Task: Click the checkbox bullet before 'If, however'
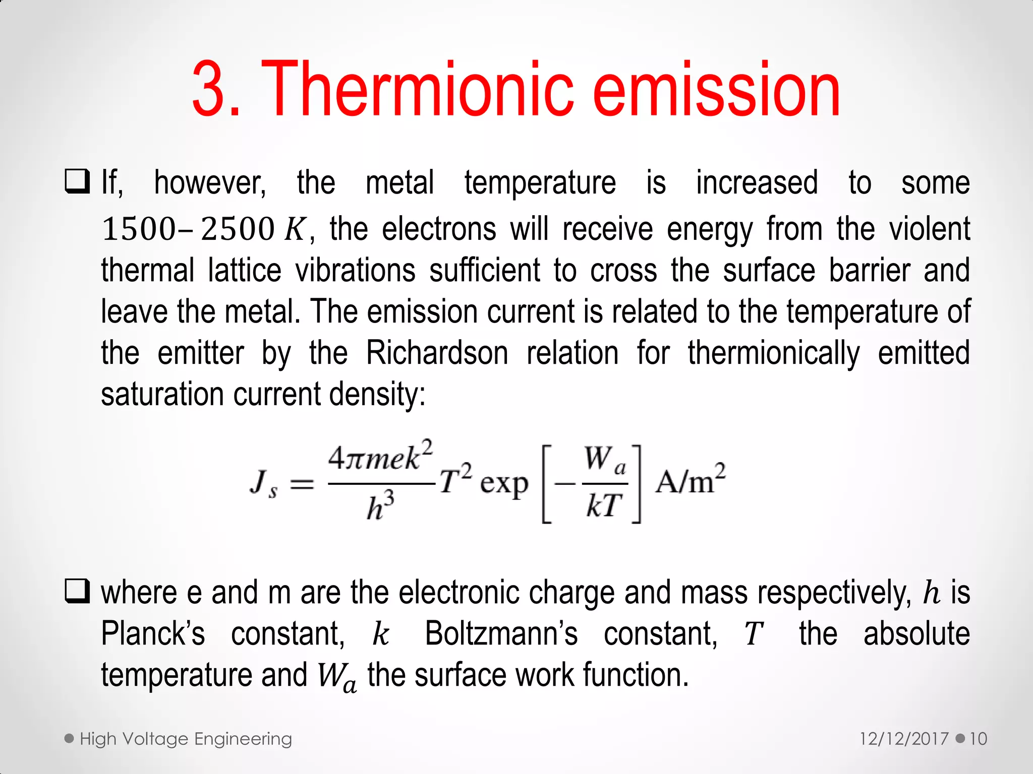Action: pyautogui.click(x=77, y=182)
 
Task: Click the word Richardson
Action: pyautogui.click(x=437, y=352)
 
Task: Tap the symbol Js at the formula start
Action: pyautogui.click(x=263, y=484)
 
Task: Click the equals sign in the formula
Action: pyautogui.click(x=302, y=485)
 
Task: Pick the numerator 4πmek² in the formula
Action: pyautogui.click(x=380, y=457)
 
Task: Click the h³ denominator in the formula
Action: pyautogui.click(x=380, y=507)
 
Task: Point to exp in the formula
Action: pyautogui.click(x=504, y=485)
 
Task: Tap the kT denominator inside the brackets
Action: pyautogui.click(x=603, y=506)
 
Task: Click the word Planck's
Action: pyautogui.click(x=153, y=633)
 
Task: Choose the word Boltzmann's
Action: pyautogui.click(x=501, y=633)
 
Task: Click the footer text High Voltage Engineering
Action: pyautogui.click(x=186, y=739)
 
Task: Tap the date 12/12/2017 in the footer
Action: pyautogui.click(x=904, y=739)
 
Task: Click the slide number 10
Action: pyautogui.click(x=978, y=739)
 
